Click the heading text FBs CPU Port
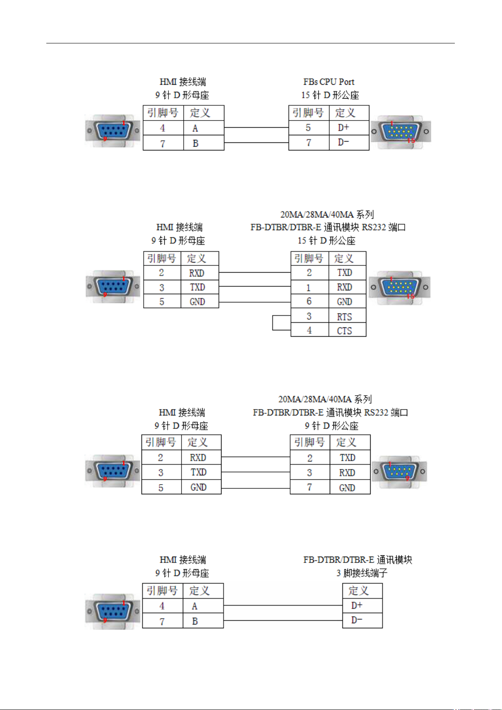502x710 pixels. (x=328, y=82)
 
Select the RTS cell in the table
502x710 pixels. (x=347, y=316)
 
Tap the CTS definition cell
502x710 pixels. (x=347, y=330)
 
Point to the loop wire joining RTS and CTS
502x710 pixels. (x=273, y=323)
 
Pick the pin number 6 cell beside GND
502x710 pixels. (x=310, y=301)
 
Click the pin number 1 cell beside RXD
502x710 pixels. (x=310, y=287)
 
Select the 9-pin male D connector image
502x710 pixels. (x=399, y=472)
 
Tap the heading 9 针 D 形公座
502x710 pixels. (x=331, y=426)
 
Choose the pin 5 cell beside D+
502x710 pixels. (x=309, y=128)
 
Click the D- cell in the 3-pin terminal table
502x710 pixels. (x=362, y=620)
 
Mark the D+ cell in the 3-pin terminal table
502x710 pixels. (x=362, y=606)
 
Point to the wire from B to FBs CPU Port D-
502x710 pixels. (x=256, y=143)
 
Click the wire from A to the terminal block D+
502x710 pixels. (x=283, y=605)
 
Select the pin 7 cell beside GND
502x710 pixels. (x=310, y=487)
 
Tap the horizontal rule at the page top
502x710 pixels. (x=251, y=43)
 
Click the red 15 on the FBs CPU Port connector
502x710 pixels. (x=411, y=140)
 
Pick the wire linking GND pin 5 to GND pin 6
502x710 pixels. (x=255, y=302)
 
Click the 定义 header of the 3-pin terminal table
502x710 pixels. (x=362, y=591)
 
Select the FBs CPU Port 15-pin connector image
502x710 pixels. (x=401, y=131)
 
